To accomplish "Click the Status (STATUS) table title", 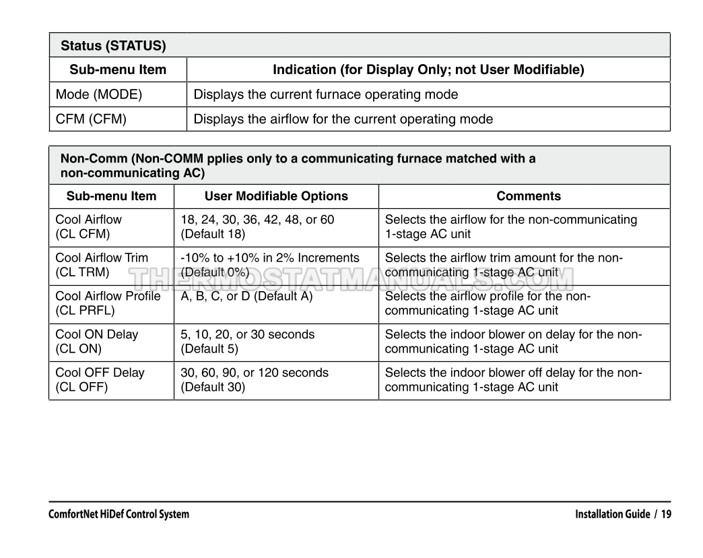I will [113, 46].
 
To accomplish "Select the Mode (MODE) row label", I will [99, 94].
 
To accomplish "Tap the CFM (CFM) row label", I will [91, 119].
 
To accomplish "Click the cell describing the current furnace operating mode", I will [325, 94].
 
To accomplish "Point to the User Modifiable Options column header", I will [276, 197].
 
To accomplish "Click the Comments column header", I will [528, 197].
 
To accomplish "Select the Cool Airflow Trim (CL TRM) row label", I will [102, 265].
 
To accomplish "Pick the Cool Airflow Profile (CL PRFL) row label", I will [108, 303].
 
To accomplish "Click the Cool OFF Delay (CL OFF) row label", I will [100, 379].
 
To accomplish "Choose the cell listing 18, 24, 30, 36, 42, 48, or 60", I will [257, 226].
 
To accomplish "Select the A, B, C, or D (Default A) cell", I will [246, 296].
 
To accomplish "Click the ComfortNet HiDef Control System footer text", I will [119, 514].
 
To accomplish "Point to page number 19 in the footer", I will [665, 514].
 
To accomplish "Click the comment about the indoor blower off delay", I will [513, 379].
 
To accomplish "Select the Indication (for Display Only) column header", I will [428, 69].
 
